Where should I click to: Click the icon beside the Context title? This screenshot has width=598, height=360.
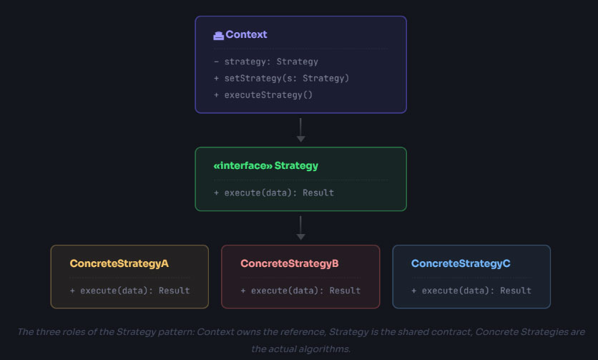tap(218, 35)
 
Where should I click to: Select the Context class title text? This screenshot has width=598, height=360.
tap(246, 34)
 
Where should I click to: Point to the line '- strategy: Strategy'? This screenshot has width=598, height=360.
tap(265, 62)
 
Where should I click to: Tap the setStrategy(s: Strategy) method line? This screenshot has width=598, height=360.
tap(281, 78)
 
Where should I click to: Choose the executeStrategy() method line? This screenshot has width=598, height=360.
tap(263, 94)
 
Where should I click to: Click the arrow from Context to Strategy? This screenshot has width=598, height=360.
tap(300, 130)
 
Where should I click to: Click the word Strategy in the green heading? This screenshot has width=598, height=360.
tap(296, 165)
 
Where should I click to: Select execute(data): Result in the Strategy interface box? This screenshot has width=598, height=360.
tap(273, 193)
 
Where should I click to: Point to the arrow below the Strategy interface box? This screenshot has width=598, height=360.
tap(300, 228)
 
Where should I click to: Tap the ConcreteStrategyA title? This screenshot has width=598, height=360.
tap(119, 263)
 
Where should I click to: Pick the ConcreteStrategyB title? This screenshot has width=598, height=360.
tap(290, 263)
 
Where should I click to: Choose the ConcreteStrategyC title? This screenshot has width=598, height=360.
tap(461, 263)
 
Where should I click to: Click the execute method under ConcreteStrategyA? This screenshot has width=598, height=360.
tap(129, 291)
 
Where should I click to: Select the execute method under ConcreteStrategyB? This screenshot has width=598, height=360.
tap(300, 291)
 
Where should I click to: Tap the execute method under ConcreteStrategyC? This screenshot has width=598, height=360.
tap(471, 291)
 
